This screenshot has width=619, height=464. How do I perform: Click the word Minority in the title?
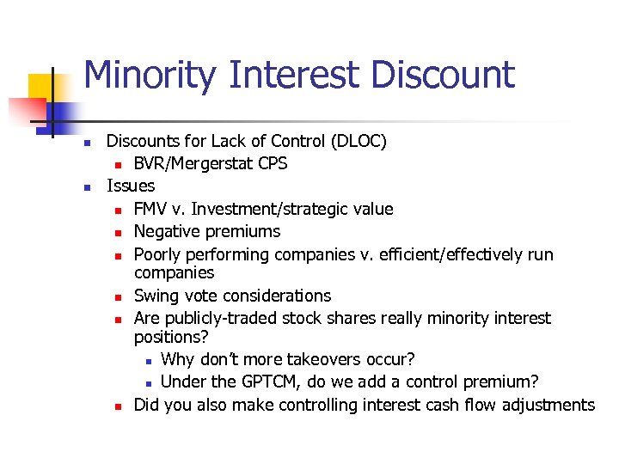click(151, 75)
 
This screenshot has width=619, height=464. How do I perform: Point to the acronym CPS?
click(273, 163)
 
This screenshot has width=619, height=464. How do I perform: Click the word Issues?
click(131, 186)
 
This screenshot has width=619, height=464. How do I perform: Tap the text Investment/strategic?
click(265, 209)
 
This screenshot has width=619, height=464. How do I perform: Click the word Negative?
click(169, 231)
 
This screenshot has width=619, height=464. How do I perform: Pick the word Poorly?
click(159, 254)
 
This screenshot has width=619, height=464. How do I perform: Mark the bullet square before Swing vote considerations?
click(116, 296)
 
